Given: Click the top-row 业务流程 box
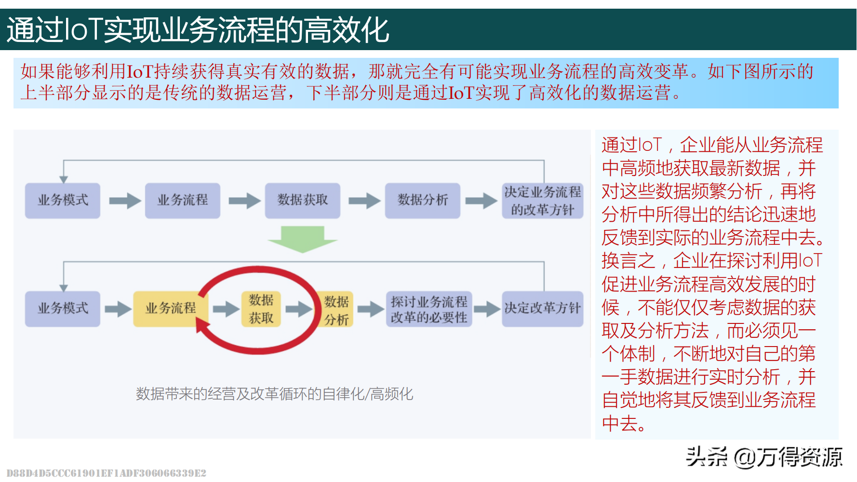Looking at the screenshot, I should tap(183, 201).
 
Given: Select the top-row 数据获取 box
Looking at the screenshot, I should tap(303, 201).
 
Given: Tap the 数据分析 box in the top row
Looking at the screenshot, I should tap(423, 201).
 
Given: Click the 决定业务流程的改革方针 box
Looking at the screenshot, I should tap(543, 201).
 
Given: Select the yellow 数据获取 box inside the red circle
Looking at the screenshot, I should tap(261, 309).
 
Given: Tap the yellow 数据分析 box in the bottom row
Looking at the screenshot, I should tap(336, 310).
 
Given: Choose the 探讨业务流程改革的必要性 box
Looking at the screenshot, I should tap(429, 309).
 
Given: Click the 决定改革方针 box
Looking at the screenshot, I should tap(543, 308).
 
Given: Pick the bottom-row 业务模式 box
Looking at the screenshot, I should tap(63, 308).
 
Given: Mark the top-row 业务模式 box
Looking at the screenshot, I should tap(63, 201).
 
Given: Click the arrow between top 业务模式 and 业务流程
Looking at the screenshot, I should tap(124, 201).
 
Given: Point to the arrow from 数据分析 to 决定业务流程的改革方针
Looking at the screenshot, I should tap(481, 201).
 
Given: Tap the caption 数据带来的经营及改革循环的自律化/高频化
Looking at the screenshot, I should tap(274, 394).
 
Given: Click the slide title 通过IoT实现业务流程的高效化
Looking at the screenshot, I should tap(198, 30).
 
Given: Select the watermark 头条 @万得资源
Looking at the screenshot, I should tap(764, 457).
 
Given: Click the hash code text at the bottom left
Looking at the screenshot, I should tap(106, 473).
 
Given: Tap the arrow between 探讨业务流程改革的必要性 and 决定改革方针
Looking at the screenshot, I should tap(487, 309).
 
